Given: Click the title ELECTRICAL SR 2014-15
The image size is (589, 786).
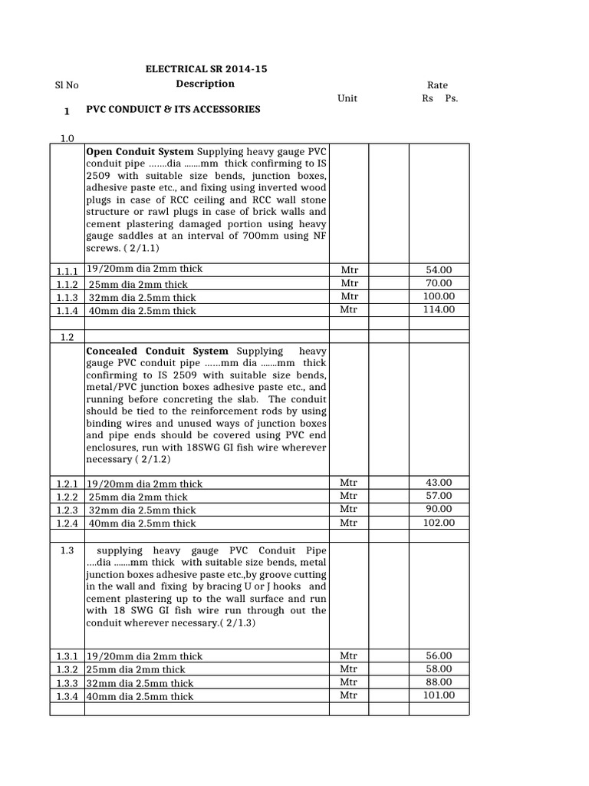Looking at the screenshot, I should [x=206, y=69].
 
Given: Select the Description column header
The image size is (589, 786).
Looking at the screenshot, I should [x=205, y=84].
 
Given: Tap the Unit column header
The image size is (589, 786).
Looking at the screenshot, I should [x=347, y=98].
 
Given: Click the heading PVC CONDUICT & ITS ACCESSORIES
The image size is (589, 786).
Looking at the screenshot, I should [x=173, y=110].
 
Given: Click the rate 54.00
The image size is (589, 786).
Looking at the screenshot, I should [x=439, y=270].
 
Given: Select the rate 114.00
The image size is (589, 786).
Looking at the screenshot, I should [x=439, y=309].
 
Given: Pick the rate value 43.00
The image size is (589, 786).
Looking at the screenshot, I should [x=439, y=483].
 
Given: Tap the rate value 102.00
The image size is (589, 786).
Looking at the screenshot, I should [x=439, y=523].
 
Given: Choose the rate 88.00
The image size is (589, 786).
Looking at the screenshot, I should [x=439, y=682].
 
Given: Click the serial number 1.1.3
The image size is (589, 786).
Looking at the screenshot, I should [x=67, y=297].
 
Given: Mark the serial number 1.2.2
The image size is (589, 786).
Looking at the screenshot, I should [x=67, y=497].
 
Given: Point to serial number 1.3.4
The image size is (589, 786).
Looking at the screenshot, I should [x=67, y=696].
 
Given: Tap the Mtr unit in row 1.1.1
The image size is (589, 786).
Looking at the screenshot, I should [x=349, y=270].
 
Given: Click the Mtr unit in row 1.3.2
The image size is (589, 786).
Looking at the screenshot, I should [x=349, y=669].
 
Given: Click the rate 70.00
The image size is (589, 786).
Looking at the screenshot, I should [x=439, y=283].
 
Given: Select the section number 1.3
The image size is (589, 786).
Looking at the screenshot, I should [x=67, y=550].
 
